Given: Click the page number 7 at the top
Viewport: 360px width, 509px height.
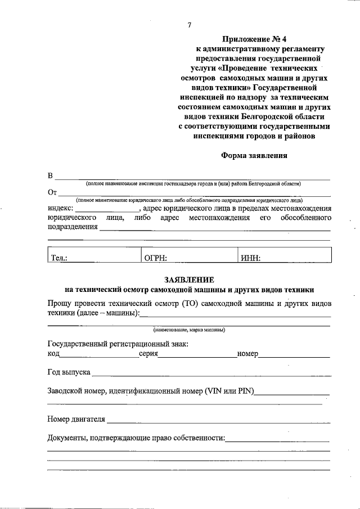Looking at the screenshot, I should pos(190,25).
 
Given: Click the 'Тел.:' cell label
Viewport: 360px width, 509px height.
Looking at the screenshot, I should pos(60,258).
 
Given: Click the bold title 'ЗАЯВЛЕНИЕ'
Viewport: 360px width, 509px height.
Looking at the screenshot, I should pos(189,280).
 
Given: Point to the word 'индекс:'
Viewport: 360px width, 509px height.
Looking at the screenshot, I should pos(61,208).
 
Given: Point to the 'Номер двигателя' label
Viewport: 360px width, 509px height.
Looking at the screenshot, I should pos(76,419).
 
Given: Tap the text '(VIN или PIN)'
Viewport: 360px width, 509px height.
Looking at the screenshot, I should pos(231,391).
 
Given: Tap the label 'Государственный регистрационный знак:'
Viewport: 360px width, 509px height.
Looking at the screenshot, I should pos(118,344).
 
